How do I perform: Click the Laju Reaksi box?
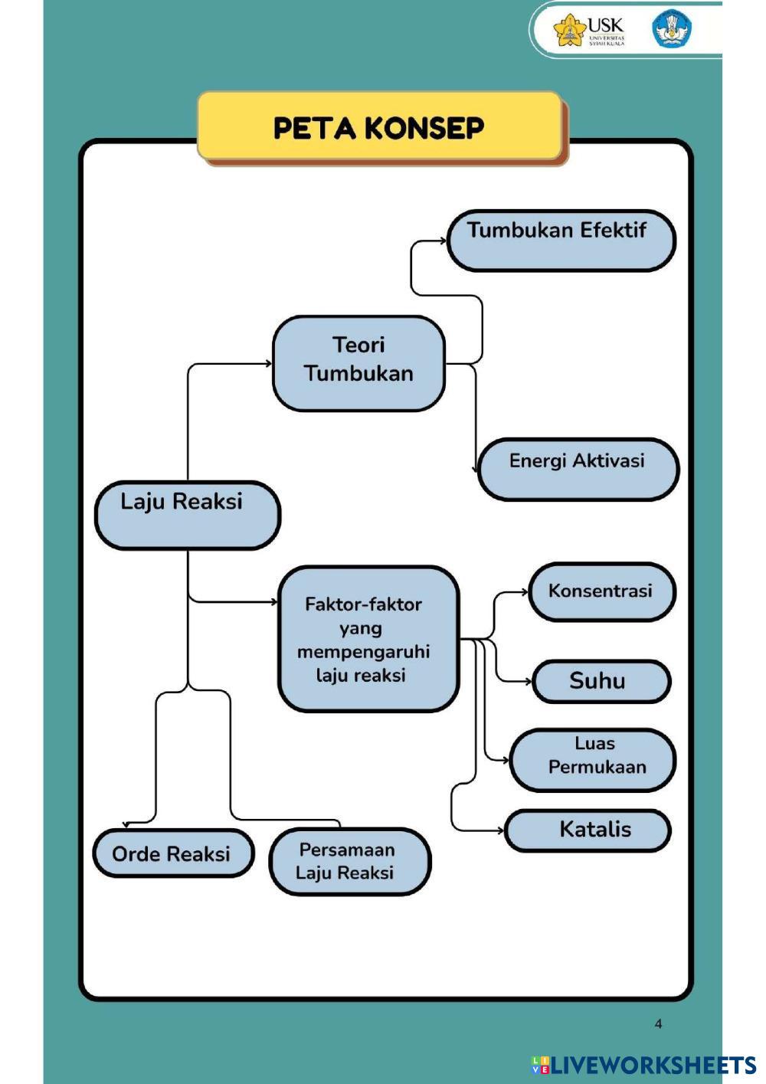coord(188,515)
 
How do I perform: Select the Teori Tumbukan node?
coord(358,363)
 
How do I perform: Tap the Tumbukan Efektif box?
coord(561,241)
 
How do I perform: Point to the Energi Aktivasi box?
coord(578,469)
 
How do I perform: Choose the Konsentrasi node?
coord(602,591)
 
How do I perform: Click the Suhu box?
coord(601,681)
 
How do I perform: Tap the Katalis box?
coord(588,830)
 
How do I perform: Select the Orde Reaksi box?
coord(173,853)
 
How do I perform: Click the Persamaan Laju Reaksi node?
coord(350,861)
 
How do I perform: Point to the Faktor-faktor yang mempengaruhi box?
coord(368,639)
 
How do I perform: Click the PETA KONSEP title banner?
coord(380,127)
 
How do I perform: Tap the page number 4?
coord(658,1023)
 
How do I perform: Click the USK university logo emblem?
coord(569,30)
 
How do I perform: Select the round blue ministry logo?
coord(672,30)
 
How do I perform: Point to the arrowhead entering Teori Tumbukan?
coord(269,363)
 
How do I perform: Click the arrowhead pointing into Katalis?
coord(501,831)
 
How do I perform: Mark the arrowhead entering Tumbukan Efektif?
coord(444,241)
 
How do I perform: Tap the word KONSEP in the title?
coord(424,128)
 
